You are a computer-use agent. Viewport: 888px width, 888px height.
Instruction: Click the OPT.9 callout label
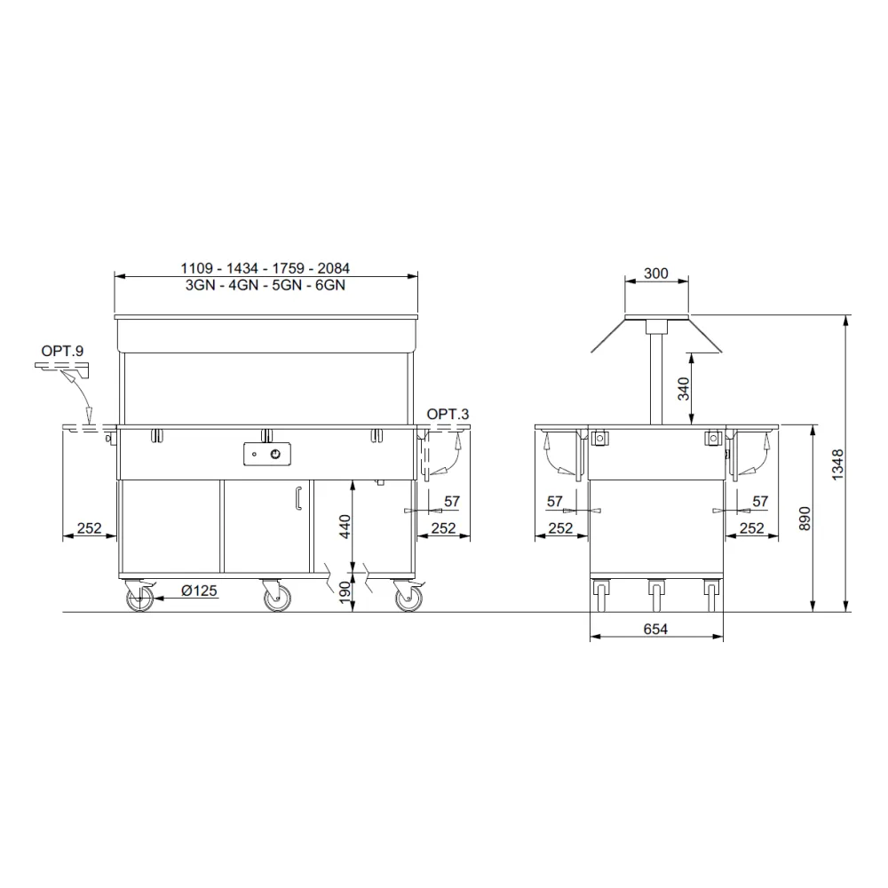(62, 352)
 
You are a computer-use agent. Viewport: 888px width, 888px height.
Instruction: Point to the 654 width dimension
(655, 629)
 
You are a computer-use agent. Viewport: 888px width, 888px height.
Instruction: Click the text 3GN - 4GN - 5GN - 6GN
(265, 286)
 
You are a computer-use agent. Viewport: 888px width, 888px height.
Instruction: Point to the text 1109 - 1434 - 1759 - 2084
(265, 268)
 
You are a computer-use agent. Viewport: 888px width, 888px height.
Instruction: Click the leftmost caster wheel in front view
(139, 599)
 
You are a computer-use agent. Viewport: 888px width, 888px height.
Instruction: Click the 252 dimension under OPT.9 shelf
(89, 528)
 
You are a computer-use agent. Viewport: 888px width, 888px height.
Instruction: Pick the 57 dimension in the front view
(451, 502)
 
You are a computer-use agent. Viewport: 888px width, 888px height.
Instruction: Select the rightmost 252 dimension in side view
(752, 528)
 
